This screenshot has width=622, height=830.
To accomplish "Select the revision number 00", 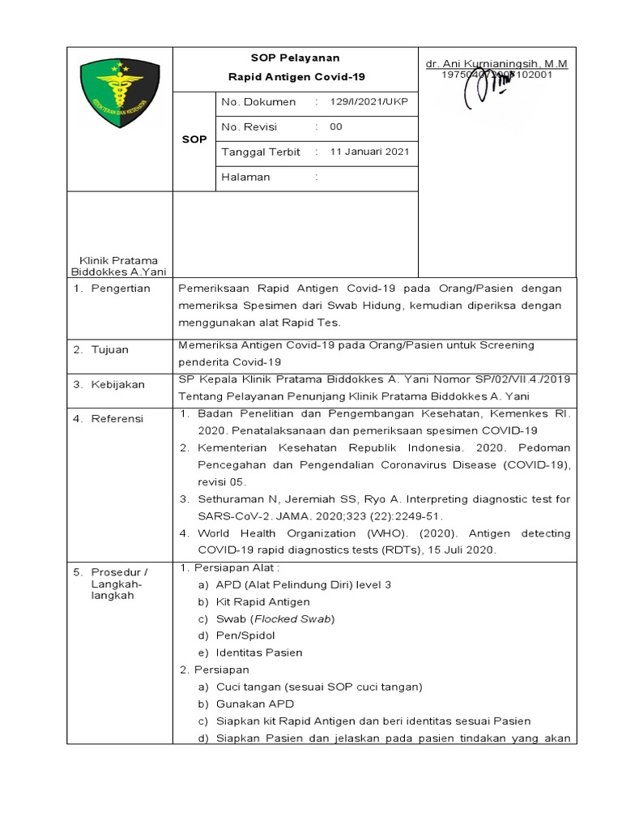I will coord(336,127).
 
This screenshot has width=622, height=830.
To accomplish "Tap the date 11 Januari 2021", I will coord(369,152).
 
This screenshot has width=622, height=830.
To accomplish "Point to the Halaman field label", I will coord(245,178).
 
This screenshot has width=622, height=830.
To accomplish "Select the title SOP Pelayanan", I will coord(295,58).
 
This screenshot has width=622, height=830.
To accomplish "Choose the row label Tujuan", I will coord(112,350).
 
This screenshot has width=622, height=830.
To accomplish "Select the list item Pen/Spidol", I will coord(246,635).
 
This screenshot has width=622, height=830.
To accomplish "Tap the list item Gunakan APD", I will coord(254,704).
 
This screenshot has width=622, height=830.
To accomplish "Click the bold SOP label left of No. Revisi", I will coord(194,139).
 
